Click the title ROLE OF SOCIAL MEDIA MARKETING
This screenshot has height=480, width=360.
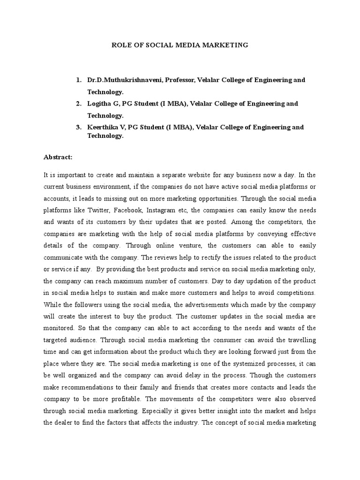click(179, 45)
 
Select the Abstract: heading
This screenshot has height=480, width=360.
click(58, 157)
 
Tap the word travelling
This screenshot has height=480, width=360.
click(300, 339)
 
